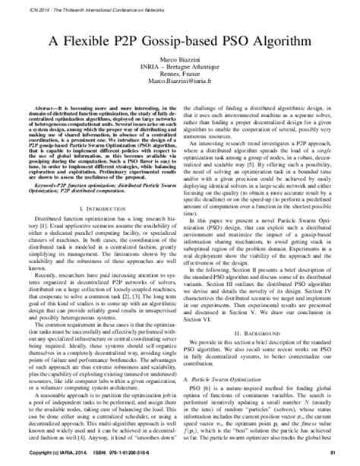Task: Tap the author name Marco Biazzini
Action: (178, 60)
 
